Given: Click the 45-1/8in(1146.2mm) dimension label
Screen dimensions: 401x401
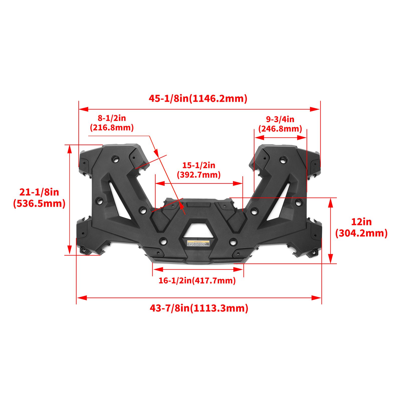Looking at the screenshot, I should [x=198, y=98].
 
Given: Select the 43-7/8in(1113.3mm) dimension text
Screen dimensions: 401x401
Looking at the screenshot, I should [x=199, y=308].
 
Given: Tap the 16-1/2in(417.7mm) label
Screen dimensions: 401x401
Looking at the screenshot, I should [x=197, y=280].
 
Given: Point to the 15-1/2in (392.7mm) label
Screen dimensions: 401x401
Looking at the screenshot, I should [x=199, y=170].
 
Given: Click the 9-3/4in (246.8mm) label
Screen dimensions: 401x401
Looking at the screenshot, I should [x=280, y=124].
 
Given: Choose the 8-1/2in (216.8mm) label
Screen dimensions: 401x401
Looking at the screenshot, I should [x=112, y=123].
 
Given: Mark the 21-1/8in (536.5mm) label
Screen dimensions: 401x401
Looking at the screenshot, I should [x=39, y=198].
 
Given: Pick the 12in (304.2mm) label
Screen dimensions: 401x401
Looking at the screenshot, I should [x=361, y=228].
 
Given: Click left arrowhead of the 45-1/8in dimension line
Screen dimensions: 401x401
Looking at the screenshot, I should [x=83, y=109].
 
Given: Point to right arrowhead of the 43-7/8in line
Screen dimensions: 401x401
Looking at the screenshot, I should [x=317, y=298].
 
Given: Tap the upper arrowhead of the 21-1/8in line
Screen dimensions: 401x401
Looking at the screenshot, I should [x=70, y=149].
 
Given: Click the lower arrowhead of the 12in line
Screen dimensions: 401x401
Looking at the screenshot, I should [x=331, y=259].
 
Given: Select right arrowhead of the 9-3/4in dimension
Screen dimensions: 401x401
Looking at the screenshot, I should [x=302, y=138].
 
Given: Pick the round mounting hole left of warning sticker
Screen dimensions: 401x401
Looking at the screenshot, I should [x=163, y=241].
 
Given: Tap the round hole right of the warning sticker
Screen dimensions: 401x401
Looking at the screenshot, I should [x=233, y=242].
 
